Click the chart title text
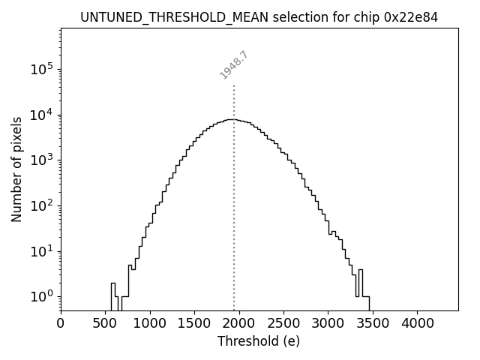(259, 16)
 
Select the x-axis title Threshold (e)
(259, 341)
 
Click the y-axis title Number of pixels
(16, 169)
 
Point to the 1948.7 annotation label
(233, 65)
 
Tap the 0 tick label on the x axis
(61, 323)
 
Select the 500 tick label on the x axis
(106, 323)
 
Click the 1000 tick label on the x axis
(150, 323)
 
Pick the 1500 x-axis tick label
(194, 323)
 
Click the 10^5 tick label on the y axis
(41, 70)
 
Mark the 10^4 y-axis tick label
(41, 115)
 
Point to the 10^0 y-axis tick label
(41, 296)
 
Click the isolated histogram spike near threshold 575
(113, 289)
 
